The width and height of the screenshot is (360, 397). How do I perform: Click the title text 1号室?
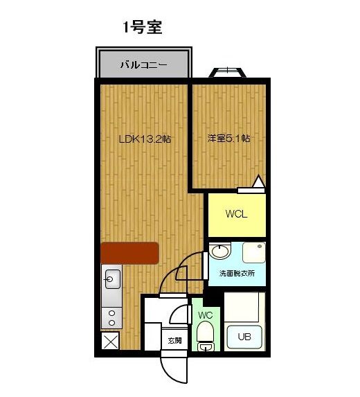click(143, 28)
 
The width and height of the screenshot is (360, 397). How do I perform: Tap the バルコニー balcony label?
click(144, 67)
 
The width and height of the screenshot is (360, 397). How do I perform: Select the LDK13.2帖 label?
click(145, 139)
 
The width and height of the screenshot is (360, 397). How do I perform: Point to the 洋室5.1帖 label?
click(228, 139)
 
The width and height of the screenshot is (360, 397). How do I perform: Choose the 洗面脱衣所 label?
click(236, 273)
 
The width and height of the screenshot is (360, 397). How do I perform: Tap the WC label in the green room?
click(206, 315)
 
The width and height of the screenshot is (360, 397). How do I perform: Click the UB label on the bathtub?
click(244, 338)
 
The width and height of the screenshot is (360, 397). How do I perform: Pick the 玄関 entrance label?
click(174, 340)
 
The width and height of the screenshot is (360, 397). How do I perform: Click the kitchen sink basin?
click(111, 280)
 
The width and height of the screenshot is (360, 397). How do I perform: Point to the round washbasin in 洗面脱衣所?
click(219, 252)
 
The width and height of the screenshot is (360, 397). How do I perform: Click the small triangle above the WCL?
click(259, 182)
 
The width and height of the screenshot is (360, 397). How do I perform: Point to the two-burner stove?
click(111, 317)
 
